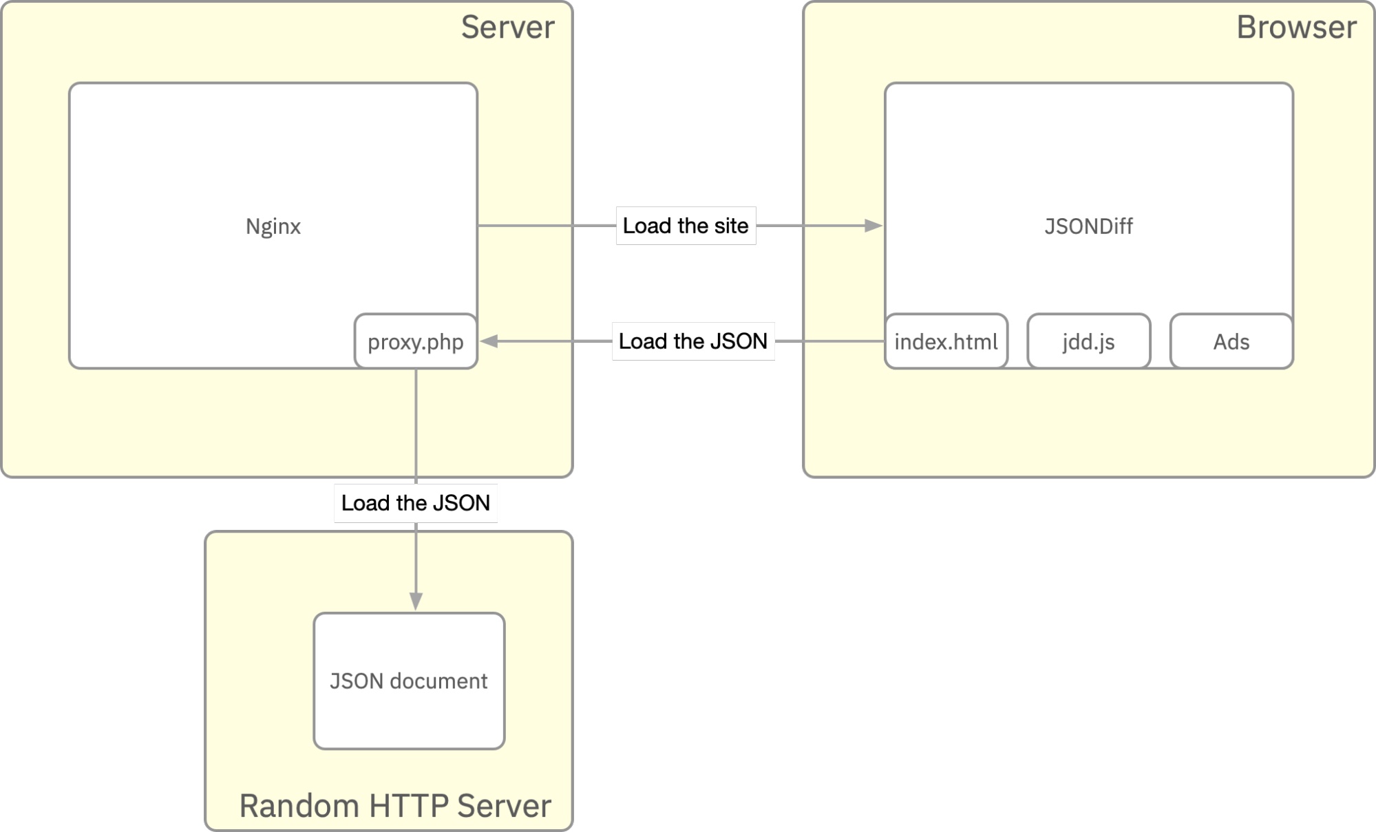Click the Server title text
coord(507,28)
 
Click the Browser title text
coord(1296,28)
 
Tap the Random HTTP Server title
coord(395,806)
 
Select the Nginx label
coord(273,226)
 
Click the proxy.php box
coord(416,342)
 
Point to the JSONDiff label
coord(1088,226)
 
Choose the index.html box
coord(946,342)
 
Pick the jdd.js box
coord(1088,342)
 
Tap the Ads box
coord(1231,342)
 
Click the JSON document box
coord(409,681)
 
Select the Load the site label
coord(686,226)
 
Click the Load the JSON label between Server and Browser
coord(693,341)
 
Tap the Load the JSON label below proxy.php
coord(416,503)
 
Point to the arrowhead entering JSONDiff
coord(874,226)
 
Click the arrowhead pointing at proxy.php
coord(489,341)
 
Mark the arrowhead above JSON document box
coord(416,601)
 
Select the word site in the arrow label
coord(730,226)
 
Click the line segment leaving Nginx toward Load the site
coord(544,226)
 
